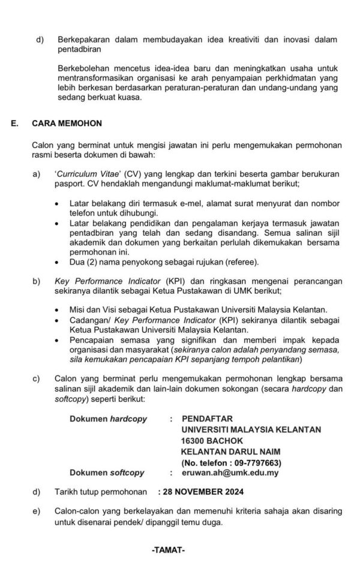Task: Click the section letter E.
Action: click(x=14, y=124)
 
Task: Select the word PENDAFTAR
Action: click(x=207, y=418)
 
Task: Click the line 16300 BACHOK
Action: click(x=211, y=440)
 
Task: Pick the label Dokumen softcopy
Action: click(x=107, y=473)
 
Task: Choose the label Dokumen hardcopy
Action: click(x=108, y=418)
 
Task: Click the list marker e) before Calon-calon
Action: click(x=37, y=512)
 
